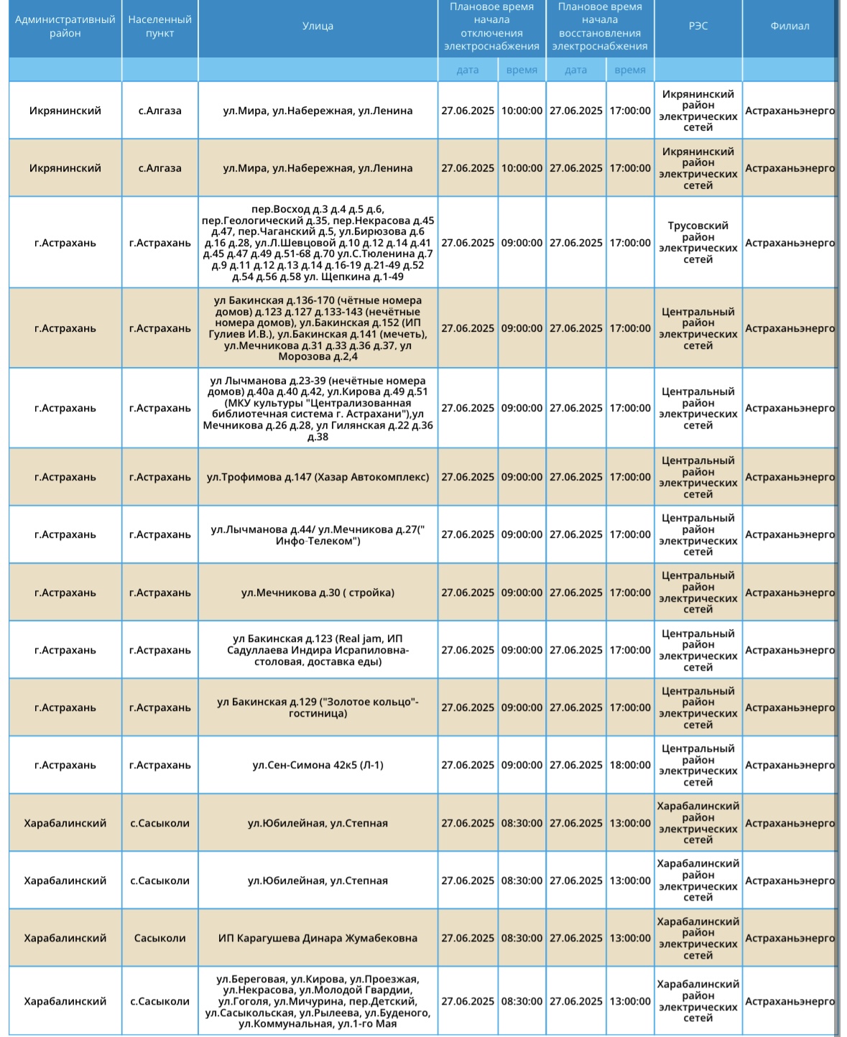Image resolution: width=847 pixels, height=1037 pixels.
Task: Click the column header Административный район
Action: [x=65, y=27]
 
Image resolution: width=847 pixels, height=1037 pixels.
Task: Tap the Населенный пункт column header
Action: [x=159, y=27]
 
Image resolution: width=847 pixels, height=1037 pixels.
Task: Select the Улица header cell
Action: [x=318, y=27]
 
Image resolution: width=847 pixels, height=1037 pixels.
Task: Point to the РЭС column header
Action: [x=698, y=27]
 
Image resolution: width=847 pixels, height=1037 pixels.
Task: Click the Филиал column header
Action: [x=790, y=27]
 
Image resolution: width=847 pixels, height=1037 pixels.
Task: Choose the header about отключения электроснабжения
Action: [x=491, y=27]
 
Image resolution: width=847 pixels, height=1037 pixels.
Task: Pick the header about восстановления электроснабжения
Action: [x=599, y=27]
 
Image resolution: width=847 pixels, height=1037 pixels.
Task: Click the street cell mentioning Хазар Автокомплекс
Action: [x=318, y=477]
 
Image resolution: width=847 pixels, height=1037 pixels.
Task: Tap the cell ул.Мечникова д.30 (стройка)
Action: [x=318, y=592]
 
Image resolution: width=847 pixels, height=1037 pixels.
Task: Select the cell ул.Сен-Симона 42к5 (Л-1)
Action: [x=318, y=765]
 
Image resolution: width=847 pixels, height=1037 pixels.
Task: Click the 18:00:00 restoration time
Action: [x=630, y=765]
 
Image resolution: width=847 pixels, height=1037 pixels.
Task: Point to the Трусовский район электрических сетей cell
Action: [x=698, y=243]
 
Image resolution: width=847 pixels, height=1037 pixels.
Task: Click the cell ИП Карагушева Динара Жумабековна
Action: [x=318, y=938]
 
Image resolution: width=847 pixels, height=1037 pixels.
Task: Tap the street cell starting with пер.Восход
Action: [x=318, y=243]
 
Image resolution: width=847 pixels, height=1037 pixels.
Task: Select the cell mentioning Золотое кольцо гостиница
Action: [x=318, y=707]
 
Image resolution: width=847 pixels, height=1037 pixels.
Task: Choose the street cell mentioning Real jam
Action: [x=318, y=650]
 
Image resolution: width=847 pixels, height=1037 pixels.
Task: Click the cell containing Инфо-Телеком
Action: [x=318, y=535]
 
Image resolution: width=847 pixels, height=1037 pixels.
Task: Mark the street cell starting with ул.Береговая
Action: [x=318, y=1001]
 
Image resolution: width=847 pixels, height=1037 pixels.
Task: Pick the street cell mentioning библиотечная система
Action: [x=318, y=408]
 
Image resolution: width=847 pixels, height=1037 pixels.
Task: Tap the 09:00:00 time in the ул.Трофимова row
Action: [x=522, y=477]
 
